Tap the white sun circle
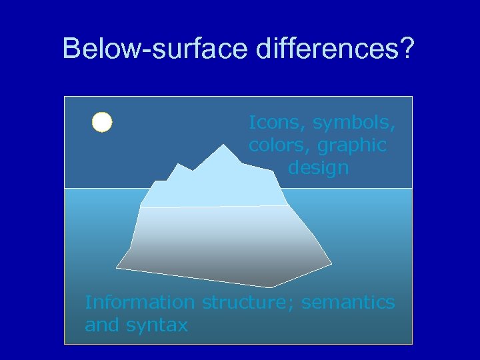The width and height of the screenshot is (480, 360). (x=102, y=123)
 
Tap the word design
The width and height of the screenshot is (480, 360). (x=318, y=167)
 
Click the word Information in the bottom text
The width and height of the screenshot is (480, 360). (x=140, y=302)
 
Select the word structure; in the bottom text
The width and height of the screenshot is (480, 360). (x=248, y=302)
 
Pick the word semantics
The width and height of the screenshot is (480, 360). (x=348, y=302)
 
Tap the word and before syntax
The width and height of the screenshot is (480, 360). (x=101, y=325)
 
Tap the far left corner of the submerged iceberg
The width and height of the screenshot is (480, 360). (x=117, y=267)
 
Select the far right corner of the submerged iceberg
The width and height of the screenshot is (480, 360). (x=331, y=264)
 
